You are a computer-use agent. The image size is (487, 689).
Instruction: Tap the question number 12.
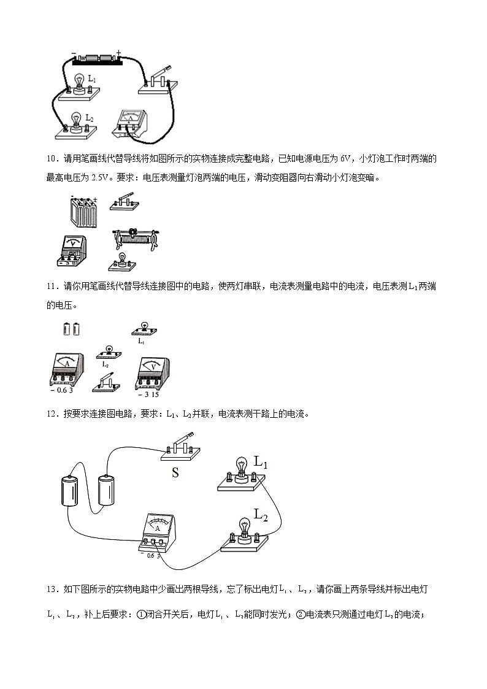(51, 414)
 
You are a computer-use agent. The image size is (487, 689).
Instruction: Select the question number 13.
(51, 590)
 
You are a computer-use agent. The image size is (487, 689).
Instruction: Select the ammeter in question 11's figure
(67, 368)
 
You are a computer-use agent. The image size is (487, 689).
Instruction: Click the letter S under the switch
(175, 473)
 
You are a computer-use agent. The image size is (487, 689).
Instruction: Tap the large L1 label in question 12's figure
(261, 461)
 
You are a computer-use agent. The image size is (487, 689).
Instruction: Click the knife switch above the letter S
(182, 450)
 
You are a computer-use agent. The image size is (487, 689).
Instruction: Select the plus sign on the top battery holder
(118, 53)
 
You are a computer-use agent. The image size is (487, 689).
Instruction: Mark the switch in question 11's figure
(106, 383)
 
